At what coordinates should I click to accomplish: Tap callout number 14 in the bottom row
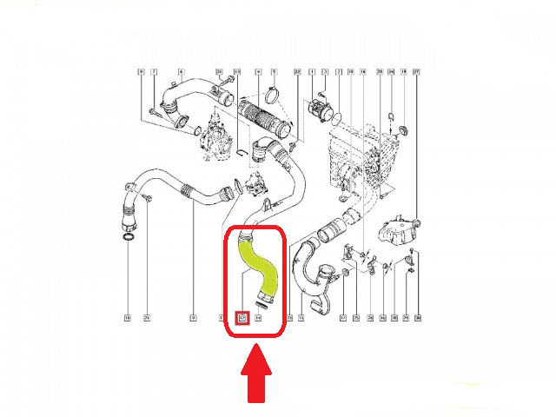pyautogui.click(x=258, y=319)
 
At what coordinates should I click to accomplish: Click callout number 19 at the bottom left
pyautogui.click(x=127, y=319)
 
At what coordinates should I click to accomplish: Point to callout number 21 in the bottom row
pyautogui.click(x=148, y=319)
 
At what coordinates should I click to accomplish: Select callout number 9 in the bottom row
pyautogui.click(x=193, y=319)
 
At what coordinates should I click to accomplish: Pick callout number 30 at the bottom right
pyautogui.click(x=418, y=319)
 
